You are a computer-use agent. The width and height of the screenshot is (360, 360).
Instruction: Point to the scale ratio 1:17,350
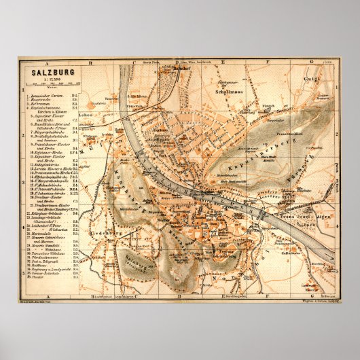[x=45, y=77]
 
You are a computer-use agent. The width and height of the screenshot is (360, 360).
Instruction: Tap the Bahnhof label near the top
[x=179, y=68]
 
